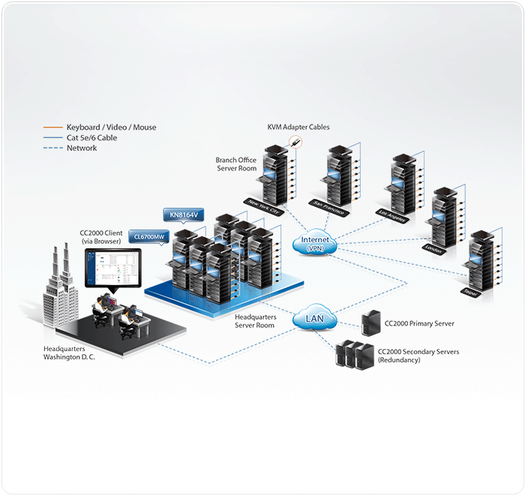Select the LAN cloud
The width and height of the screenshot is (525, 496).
point(314,319)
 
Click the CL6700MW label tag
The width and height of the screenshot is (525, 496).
point(148,237)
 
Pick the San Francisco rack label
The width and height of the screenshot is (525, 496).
point(331,208)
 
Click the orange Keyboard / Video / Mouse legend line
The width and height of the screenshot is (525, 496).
point(52,128)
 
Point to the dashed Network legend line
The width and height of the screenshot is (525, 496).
point(52,149)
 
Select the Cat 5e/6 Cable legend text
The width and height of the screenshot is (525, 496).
point(91,138)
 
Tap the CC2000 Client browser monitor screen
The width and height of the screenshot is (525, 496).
point(111,266)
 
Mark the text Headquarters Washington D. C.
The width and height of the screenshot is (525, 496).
point(70,353)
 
